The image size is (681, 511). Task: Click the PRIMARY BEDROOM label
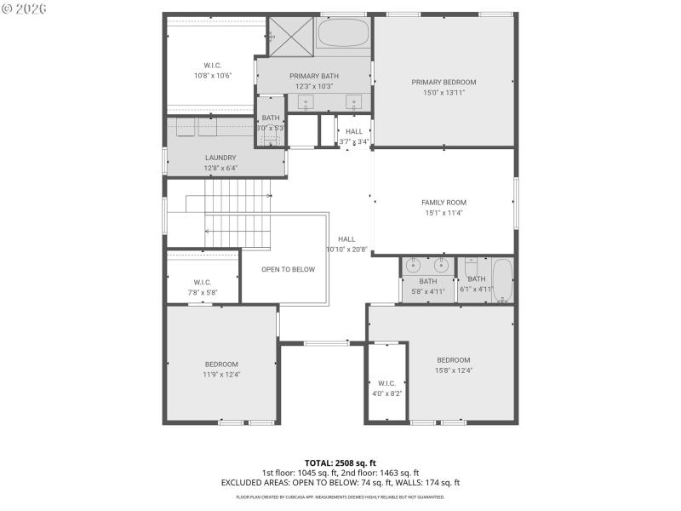pyautogui.click(x=444, y=82)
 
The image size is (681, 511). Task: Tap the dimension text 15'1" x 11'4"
pyautogui.click(x=444, y=213)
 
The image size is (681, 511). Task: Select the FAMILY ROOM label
pyautogui.click(x=444, y=203)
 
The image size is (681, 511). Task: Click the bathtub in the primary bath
pyautogui.click(x=344, y=35)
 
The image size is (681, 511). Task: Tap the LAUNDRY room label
pyautogui.click(x=220, y=158)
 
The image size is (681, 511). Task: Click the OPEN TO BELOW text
pyautogui.click(x=288, y=269)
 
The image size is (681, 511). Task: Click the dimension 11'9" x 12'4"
pyautogui.click(x=221, y=374)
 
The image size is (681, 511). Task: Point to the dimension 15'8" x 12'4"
pyautogui.click(x=454, y=370)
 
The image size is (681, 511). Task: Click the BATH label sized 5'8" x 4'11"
pyautogui.click(x=428, y=281)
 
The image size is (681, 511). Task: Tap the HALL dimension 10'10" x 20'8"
pyautogui.click(x=346, y=250)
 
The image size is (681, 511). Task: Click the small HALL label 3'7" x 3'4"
pyautogui.click(x=354, y=132)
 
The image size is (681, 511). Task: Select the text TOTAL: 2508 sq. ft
pyautogui.click(x=340, y=463)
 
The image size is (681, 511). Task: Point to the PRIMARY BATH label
pyautogui.click(x=314, y=76)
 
